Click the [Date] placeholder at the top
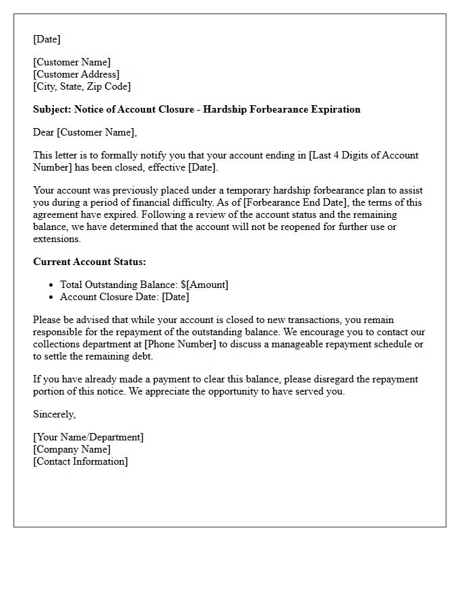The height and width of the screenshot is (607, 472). pos(47,39)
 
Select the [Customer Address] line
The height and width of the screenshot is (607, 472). pos(76,74)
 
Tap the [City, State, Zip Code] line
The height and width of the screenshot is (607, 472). pos(82,86)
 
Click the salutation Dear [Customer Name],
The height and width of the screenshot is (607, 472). pos(85,132)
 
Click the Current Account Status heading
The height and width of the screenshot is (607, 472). pos(90,262)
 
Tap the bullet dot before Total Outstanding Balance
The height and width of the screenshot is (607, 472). pos(51,285)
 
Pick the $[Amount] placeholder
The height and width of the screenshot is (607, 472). pos(204,285)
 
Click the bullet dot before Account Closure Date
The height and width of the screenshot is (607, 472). pos(51,297)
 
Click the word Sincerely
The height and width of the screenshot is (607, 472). pos(54,414)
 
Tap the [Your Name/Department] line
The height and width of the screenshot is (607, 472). pos(88,437)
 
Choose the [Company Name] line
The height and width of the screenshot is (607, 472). pos(72,449)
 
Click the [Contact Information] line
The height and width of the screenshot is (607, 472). pos(80,461)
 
